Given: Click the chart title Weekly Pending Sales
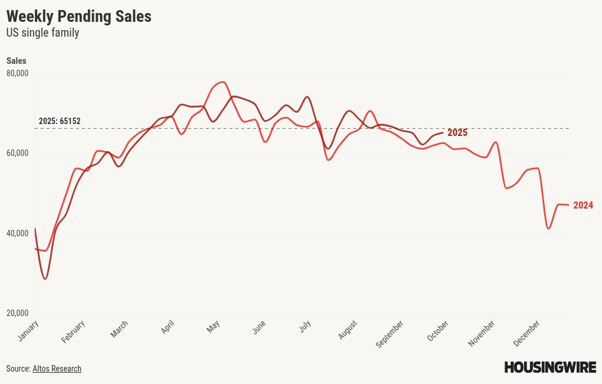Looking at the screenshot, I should pos(78,17).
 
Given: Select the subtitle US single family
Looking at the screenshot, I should pos(42,33).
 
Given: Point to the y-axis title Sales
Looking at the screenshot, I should pos(17,61).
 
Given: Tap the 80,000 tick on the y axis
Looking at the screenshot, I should pos(17,73).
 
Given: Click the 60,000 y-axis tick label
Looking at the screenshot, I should pos(17,153).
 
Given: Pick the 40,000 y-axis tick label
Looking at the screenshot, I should pos(17,233).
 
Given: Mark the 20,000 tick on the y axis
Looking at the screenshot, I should pos(17,313).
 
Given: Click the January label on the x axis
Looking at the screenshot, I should pos(28,331).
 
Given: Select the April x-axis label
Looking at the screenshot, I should pos(168,327).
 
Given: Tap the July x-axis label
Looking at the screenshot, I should pos(305,326).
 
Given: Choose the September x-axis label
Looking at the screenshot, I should pos(390,334).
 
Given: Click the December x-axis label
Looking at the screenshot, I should pos(526,334).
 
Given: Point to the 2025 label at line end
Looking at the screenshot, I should pos(457,133).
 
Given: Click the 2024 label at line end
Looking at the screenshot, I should pos(583,206).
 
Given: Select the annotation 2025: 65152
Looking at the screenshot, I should pos(60,122).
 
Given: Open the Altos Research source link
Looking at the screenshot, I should pos(57,369).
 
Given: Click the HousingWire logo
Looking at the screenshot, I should pos(549,367).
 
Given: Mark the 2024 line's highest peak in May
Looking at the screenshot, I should pos(222,82).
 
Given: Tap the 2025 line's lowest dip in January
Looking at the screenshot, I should pos(45,279).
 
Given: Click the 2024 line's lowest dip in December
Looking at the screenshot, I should pos(548,229).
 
